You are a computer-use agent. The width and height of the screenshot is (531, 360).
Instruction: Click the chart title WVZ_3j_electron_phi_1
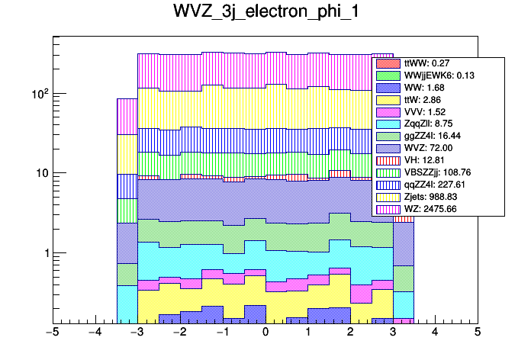coord(265,16)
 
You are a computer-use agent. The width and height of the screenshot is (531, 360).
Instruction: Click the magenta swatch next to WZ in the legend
coord(388,208)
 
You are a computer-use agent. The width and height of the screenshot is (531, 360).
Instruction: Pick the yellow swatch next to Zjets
coord(388,197)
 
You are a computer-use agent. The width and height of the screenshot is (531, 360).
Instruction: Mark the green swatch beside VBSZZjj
coord(388,172)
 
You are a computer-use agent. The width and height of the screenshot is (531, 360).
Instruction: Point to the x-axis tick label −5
coord(52,333)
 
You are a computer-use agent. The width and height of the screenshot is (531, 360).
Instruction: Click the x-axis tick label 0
coord(265,333)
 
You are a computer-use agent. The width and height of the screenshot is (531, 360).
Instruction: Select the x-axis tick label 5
coord(477,333)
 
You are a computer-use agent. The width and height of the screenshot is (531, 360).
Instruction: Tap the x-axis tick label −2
coord(179,333)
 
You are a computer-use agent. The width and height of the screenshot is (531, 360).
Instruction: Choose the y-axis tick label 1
coord(44,252)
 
